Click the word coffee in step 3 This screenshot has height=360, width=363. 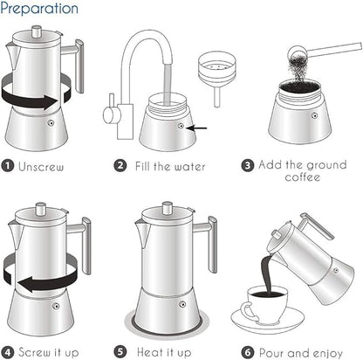coord(304,177)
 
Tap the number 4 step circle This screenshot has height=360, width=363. coord(8,352)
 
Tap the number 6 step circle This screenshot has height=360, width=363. coord(248,352)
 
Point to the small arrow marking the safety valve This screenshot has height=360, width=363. coord(199,128)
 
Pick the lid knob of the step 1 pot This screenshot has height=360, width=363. coord(38,31)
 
